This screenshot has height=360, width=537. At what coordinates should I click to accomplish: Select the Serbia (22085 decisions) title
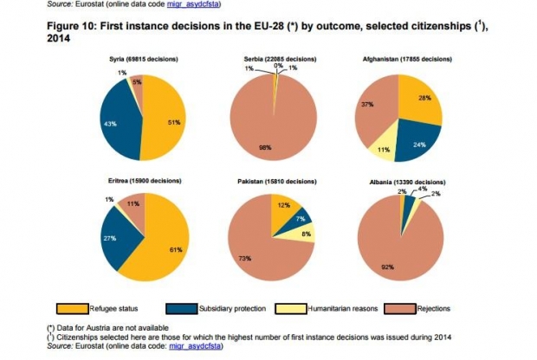tap(273, 58)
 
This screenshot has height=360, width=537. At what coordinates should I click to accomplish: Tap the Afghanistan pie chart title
tap(406, 58)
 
